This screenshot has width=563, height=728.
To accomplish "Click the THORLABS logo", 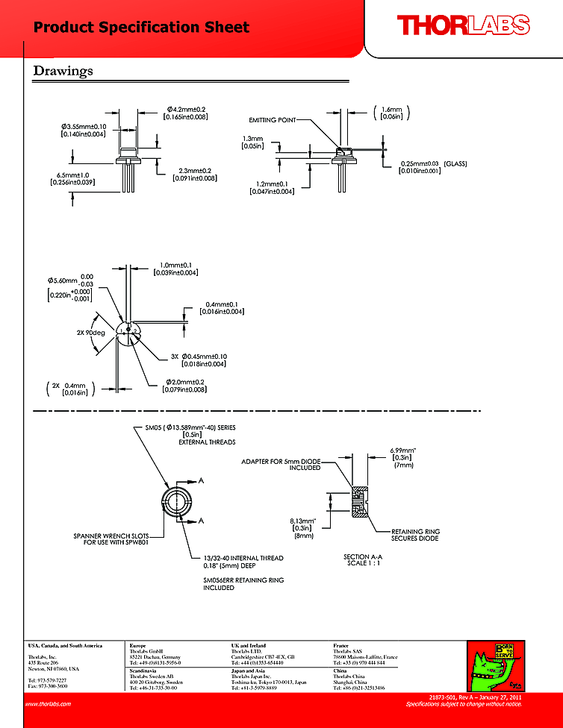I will pyautogui.click(x=462, y=26).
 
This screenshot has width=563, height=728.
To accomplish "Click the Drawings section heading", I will pyautogui.click(x=63, y=71).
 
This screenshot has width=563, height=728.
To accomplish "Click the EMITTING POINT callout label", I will pyautogui.click(x=272, y=119).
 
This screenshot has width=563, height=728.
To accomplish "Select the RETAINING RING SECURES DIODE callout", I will pyautogui.click(x=416, y=536).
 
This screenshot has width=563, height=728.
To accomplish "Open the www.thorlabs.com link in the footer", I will pyautogui.click(x=48, y=703).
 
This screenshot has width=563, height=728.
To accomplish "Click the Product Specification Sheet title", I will pyautogui.click(x=141, y=28).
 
